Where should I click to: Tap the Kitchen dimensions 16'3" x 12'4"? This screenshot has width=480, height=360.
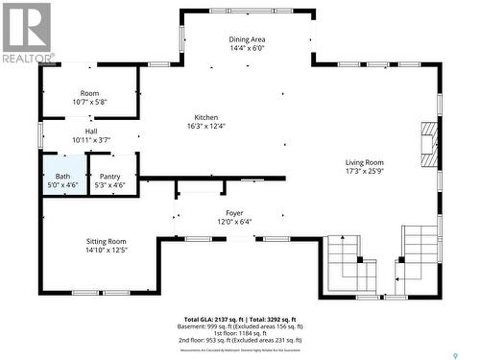206,125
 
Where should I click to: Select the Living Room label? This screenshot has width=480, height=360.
364,162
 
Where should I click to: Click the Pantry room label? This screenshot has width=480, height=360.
110,177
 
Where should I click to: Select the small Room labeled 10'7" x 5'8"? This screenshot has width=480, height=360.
89,97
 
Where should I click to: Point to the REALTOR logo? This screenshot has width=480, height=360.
26,32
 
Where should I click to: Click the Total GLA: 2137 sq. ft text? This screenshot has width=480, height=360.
214,319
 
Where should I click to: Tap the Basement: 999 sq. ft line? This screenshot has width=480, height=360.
239,325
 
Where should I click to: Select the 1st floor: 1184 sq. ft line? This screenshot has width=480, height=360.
239,333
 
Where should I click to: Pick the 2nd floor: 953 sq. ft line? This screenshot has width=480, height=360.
239,341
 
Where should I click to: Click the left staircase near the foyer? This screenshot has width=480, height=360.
351,264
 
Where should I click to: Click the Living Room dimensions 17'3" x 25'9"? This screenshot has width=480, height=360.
364,172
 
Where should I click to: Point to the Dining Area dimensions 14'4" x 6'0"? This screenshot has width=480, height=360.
246,47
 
